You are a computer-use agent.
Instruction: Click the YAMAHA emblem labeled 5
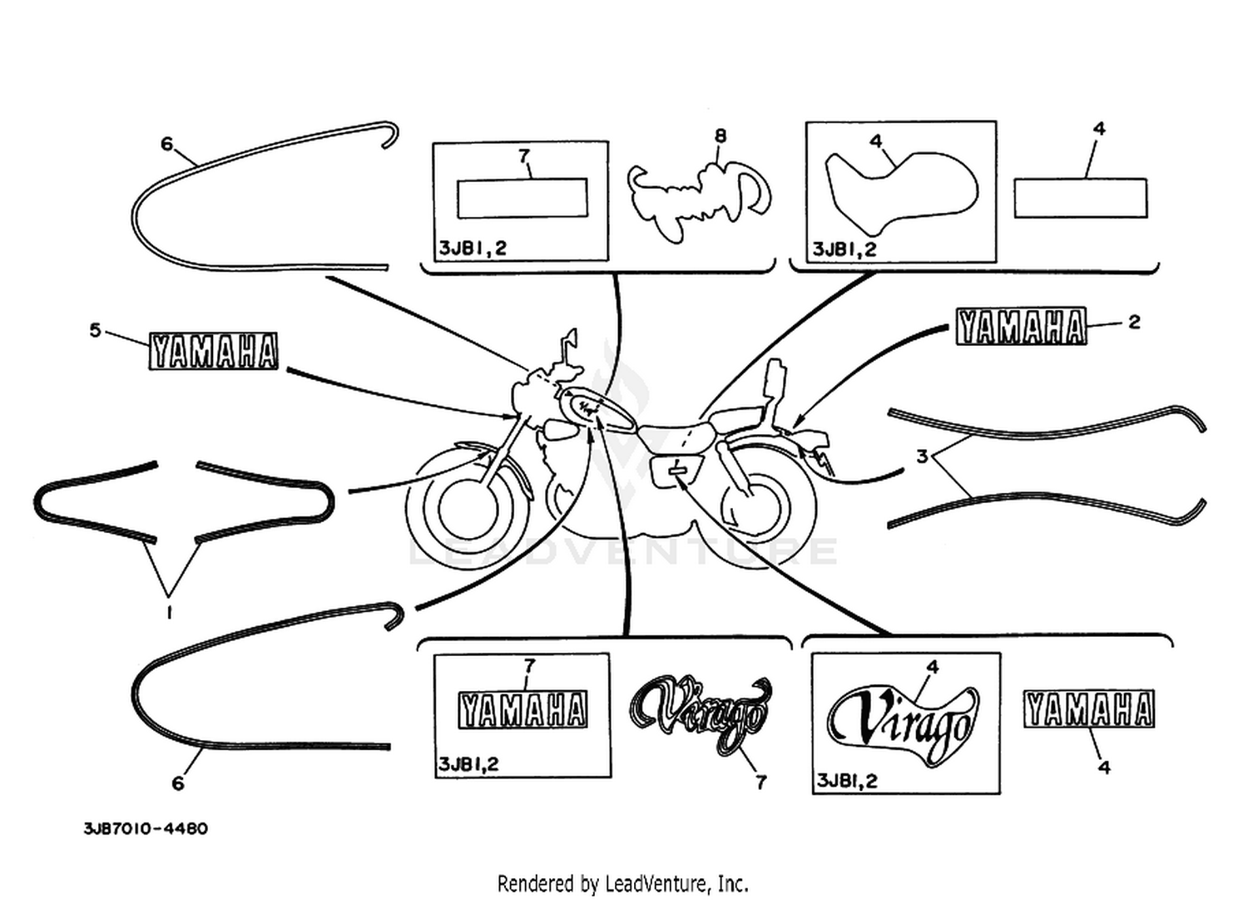213,351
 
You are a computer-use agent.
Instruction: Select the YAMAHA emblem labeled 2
1021,326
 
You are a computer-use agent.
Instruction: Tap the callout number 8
721,136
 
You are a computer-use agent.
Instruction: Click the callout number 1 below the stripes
169,613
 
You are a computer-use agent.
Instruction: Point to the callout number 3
922,457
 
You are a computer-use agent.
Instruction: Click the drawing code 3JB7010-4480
146,829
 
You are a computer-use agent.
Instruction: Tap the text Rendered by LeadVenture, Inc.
623,884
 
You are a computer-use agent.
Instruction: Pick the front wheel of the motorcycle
467,508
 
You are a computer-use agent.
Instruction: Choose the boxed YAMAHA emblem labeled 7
522,710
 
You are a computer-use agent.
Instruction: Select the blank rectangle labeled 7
522,198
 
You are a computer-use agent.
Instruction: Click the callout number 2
1134,322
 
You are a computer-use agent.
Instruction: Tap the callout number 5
96,330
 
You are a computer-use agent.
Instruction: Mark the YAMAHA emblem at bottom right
1089,708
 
